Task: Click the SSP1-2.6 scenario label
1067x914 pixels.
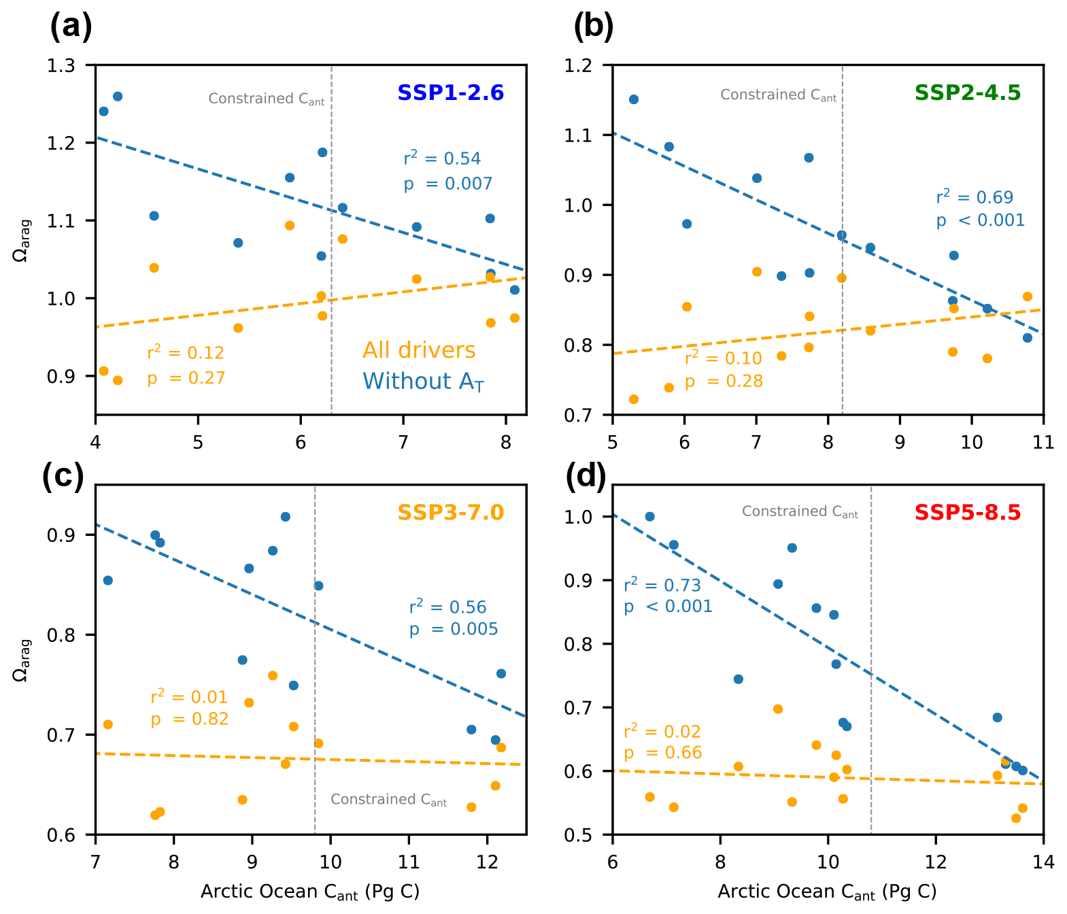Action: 450,93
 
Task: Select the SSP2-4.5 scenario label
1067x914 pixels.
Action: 968,93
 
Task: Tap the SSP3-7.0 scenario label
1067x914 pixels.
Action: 450,512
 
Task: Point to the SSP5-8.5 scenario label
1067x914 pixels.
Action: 968,512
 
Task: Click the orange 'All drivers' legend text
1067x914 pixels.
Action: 419,350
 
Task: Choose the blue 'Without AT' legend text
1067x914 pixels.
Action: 423,382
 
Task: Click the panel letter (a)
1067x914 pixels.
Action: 71,27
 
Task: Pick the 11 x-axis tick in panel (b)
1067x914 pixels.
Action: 1043,442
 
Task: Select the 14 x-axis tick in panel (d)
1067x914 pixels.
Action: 1043,862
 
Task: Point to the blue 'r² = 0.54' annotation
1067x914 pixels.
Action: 442,158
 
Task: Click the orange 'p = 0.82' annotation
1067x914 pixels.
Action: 190,719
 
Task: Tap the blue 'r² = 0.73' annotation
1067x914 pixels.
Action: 662,585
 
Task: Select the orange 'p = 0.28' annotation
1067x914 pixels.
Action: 724,382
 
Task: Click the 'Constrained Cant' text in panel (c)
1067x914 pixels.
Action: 388,800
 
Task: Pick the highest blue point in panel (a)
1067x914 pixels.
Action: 117,97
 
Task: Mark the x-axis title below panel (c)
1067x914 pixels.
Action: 310,892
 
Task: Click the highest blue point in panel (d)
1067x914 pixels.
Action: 649,517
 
